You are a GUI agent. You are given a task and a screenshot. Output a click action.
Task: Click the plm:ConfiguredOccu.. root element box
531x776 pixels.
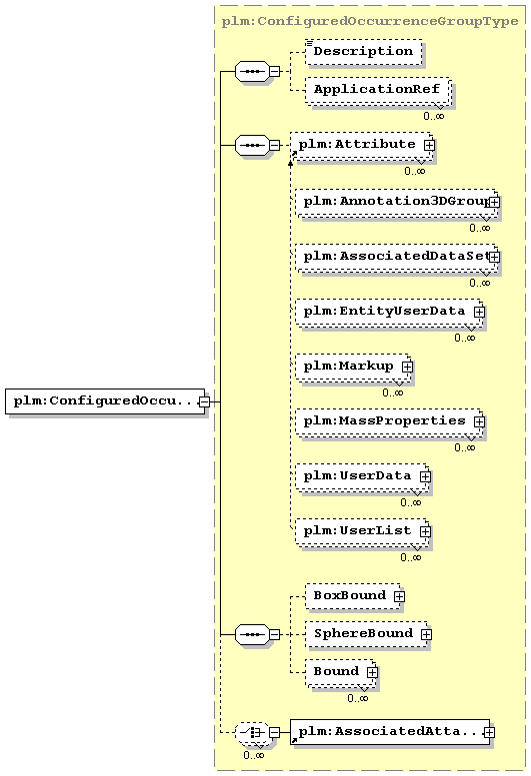[x=105, y=401]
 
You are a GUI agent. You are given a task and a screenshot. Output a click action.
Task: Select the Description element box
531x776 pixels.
[x=364, y=52]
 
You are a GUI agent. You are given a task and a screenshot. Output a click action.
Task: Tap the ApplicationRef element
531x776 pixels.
[x=377, y=90]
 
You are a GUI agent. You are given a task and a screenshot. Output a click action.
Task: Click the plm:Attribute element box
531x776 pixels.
[x=361, y=146]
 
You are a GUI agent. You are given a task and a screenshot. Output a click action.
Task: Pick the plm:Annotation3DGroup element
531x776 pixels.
[x=396, y=202]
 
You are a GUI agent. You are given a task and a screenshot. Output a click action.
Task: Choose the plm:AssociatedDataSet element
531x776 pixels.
[x=396, y=257]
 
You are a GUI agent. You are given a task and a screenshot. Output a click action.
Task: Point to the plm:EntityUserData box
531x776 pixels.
[x=389, y=312]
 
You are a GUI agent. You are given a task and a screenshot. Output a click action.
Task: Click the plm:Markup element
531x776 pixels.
[x=353, y=367]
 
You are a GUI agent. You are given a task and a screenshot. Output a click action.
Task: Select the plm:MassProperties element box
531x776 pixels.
[x=389, y=421]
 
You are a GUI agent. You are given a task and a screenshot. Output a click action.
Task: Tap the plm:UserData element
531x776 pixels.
[x=362, y=476]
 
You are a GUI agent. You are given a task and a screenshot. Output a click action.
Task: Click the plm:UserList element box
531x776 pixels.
[x=362, y=531]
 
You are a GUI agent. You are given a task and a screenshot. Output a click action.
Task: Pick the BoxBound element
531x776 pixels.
[x=353, y=596]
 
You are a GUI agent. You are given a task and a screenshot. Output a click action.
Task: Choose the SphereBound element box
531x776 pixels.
[x=366, y=634]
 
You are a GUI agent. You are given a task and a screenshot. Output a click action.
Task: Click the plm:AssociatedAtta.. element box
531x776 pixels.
[x=390, y=732]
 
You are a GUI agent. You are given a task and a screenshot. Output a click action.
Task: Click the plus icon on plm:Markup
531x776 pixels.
[x=407, y=367]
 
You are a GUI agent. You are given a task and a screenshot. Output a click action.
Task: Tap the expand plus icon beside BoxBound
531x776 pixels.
[x=399, y=596]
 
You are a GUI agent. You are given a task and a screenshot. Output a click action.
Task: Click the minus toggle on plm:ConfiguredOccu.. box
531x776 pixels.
[x=204, y=401]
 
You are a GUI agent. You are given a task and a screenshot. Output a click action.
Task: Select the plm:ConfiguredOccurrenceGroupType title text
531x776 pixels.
[x=370, y=21]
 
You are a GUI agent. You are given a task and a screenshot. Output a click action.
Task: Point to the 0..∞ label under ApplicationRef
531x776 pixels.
[x=434, y=116]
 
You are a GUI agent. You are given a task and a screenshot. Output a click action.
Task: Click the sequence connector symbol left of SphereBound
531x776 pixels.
[x=253, y=634]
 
